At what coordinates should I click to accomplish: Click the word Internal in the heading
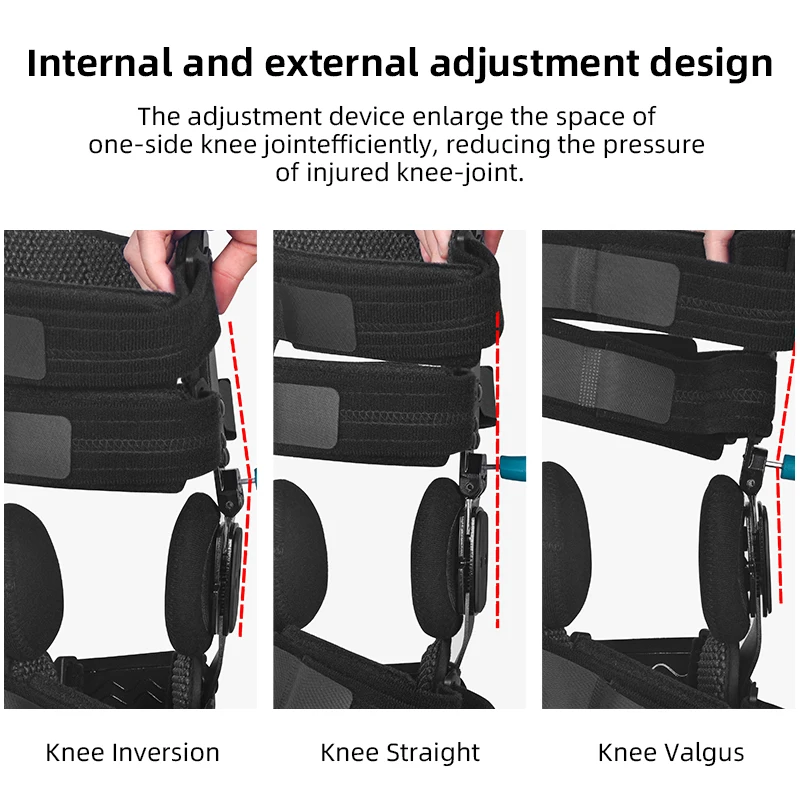(99, 63)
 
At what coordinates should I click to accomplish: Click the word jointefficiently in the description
(347, 145)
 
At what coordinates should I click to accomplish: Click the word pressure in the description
(654, 146)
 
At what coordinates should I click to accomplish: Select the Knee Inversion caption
(132, 753)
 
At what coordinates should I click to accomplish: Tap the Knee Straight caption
(400, 754)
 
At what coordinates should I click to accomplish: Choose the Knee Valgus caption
(671, 754)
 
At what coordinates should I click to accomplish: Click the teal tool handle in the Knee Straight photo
(512, 468)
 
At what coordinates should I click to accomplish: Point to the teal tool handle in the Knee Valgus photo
(788, 466)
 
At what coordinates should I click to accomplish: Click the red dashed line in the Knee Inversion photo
(241, 479)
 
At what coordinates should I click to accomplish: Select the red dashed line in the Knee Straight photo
(497, 469)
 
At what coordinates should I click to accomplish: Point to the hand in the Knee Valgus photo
(718, 245)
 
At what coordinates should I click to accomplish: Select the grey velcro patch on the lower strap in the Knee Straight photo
(306, 416)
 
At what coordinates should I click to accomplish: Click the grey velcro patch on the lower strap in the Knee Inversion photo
(37, 445)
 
